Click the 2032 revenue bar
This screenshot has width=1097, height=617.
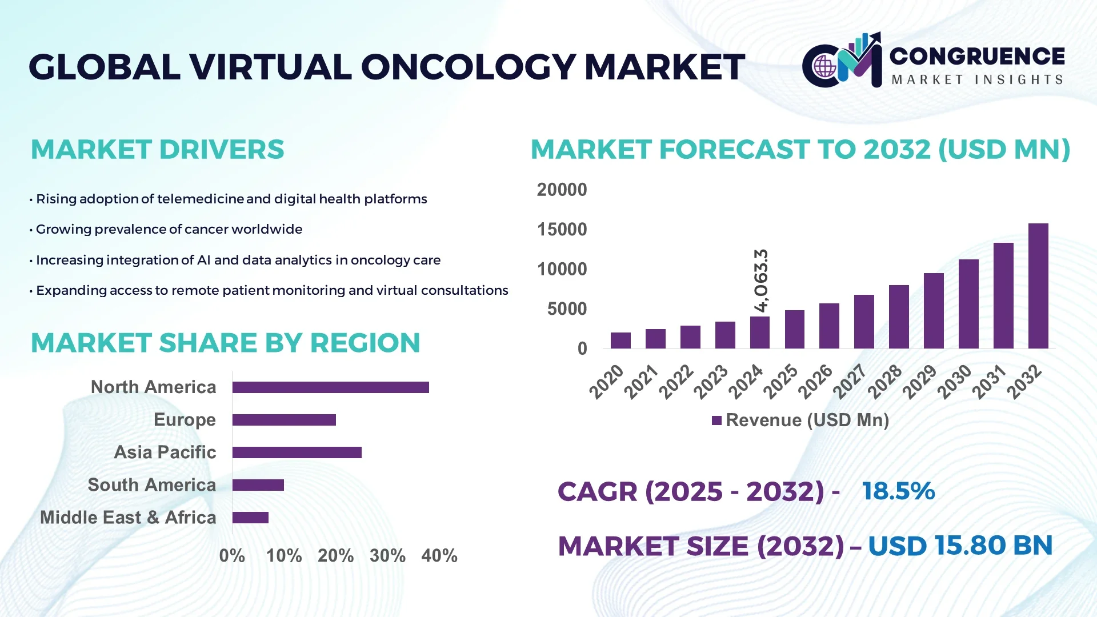tap(1038, 286)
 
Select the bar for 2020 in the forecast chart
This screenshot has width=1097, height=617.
tap(620, 340)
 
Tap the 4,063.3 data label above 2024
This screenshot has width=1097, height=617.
tap(761, 281)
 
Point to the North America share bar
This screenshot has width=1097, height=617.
tap(330, 387)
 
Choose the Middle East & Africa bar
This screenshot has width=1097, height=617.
tap(250, 518)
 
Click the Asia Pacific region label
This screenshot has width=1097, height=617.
tap(165, 452)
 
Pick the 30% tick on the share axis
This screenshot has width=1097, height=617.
tap(387, 555)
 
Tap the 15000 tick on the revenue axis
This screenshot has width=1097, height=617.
tap(562, 230)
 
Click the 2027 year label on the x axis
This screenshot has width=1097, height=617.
tap(850, 381)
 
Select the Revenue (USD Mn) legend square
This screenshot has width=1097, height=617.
tap(716, 420)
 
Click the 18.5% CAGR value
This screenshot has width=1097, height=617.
tap(898, 491)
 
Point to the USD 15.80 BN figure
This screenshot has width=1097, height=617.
tap(960, 546)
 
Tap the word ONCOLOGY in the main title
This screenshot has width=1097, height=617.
tap(468, 67)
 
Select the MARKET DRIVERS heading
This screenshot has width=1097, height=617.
tap(157, 150)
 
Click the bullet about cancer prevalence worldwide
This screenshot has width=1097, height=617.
tap(169, 230)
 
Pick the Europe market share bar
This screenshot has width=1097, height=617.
tap(284, 420)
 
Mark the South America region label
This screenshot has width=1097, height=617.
tap(151, 485)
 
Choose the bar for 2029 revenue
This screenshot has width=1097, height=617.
tap(934, 311)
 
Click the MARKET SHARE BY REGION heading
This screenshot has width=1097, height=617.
tap(225, 343)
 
